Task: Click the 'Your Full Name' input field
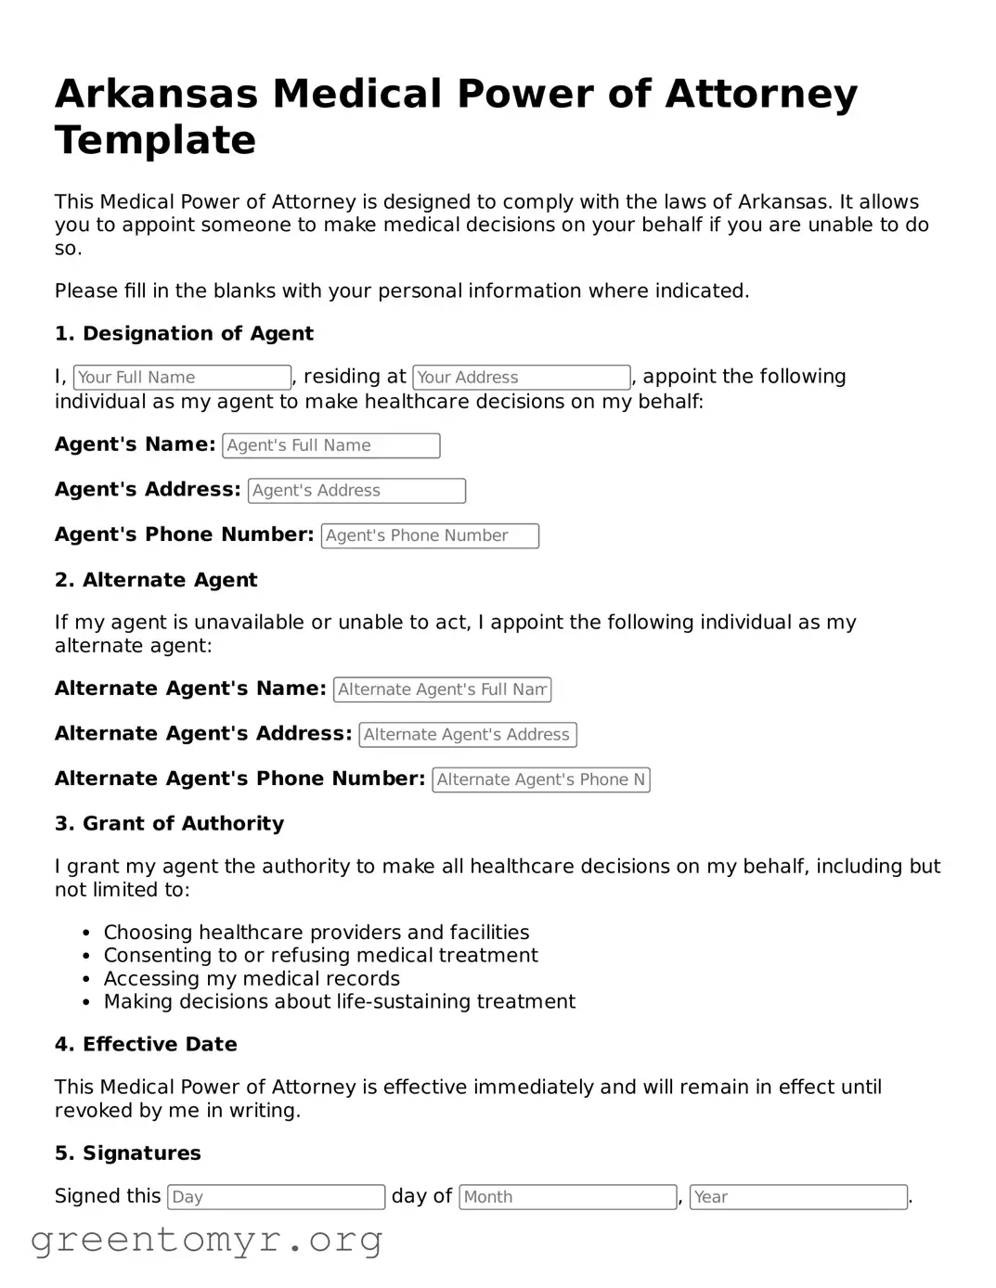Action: pos(182,378)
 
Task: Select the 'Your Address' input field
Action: pos(521,378)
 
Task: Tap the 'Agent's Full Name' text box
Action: pos(330,445)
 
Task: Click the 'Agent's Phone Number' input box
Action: pos(430,536)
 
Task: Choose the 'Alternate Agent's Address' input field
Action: pos(467,735)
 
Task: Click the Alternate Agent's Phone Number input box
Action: pos(540,780)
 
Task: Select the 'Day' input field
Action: pos(276,1197)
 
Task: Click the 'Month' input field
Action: pos(567,1197)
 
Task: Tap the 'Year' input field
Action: pos(798,1197)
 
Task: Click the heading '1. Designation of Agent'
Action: pos(184,334)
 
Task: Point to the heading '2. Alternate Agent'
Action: pos(156,580)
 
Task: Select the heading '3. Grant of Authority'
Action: pos(169,824)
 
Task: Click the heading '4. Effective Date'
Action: pos(146,1045)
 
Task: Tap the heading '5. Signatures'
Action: pos(127,1153)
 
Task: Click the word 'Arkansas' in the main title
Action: pos(155,95)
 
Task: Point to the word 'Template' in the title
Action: pos(155,141)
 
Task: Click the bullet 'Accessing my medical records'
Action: pos(252,979)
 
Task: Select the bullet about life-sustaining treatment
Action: pos(339,1002)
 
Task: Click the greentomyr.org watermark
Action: pos(206,1240)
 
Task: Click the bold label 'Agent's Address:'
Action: pos(148,490)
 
